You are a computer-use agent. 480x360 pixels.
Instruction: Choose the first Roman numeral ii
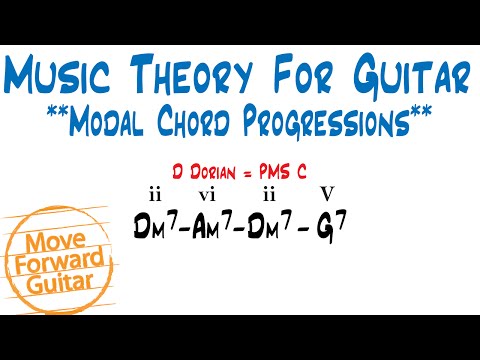[154, 192]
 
